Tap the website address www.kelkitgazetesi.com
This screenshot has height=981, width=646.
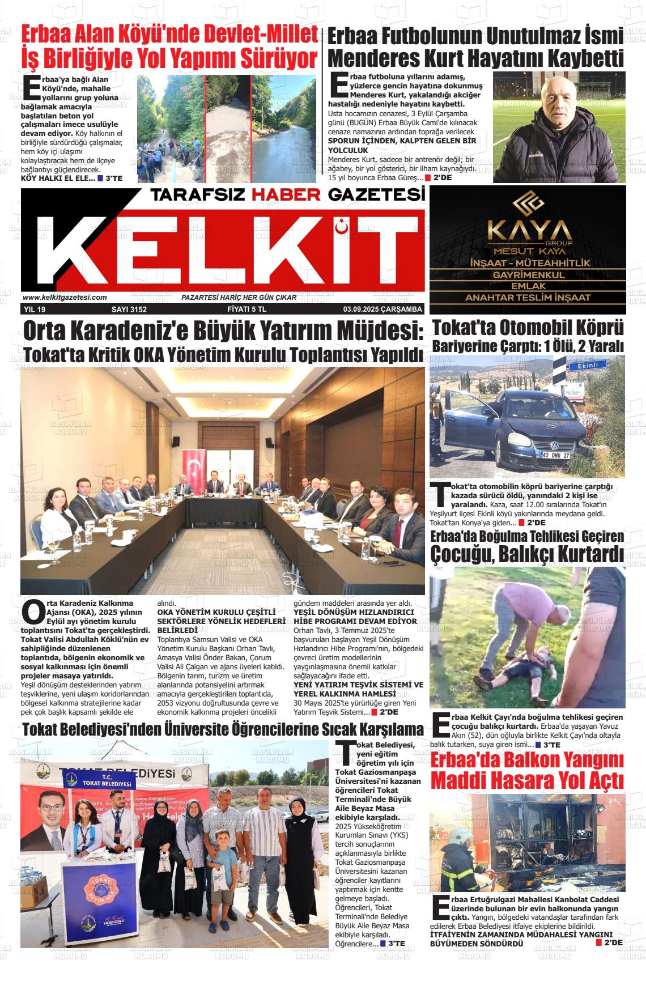65,298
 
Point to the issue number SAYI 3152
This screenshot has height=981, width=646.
129,309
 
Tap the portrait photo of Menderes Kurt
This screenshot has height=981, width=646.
558,128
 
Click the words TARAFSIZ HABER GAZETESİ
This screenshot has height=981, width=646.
287,195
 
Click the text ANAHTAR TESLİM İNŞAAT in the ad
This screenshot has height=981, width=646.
528,298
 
